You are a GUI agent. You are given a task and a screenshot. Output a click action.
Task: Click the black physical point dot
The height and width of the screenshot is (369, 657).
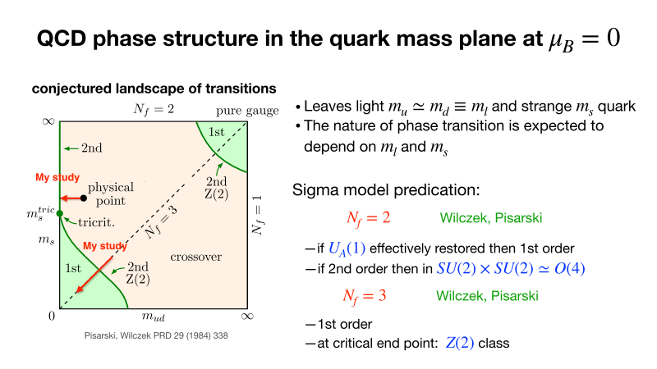[83, 198]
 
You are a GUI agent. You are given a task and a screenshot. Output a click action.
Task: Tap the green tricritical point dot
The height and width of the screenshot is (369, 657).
[59, 212]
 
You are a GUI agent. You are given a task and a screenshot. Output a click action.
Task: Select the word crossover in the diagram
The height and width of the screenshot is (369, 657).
[195, 257]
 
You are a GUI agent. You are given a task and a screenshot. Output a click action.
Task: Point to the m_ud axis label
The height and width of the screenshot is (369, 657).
[155, 317]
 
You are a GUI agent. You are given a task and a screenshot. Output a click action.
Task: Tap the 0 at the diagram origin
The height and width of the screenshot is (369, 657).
[50, 316]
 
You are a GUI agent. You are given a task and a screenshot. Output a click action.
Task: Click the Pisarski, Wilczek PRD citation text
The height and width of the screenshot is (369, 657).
[149, 335]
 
